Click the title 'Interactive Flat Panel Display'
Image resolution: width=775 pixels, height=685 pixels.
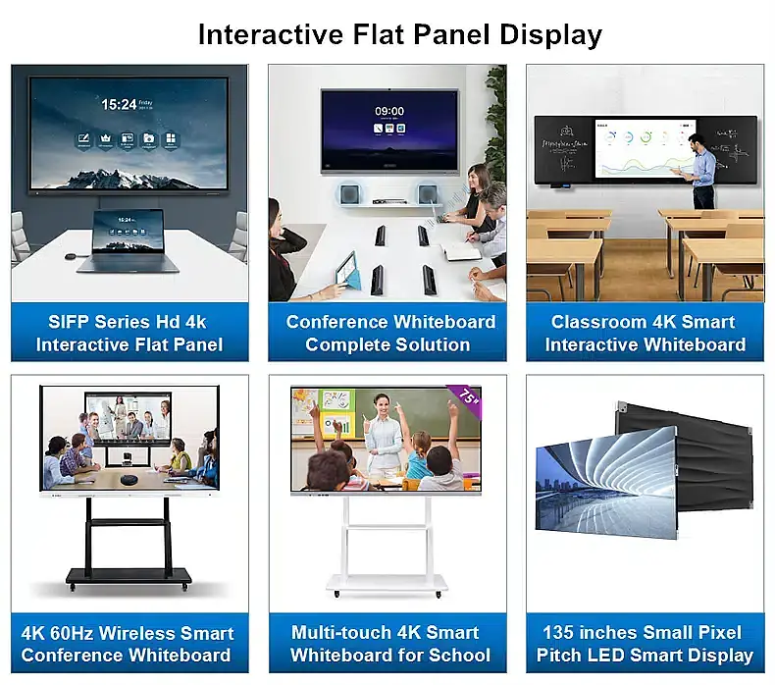(399, 34)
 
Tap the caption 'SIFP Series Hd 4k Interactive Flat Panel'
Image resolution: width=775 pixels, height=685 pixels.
(129, 333)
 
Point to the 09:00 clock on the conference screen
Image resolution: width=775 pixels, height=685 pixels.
(389, 111)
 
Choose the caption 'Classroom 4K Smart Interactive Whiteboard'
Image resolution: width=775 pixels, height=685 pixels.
(646, 333)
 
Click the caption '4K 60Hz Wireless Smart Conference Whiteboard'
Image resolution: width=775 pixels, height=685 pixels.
(128, 644)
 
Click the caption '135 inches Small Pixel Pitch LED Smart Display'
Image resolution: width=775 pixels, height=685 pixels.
(645, 644)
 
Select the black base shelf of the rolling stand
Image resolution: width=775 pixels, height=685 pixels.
(129, 577)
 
